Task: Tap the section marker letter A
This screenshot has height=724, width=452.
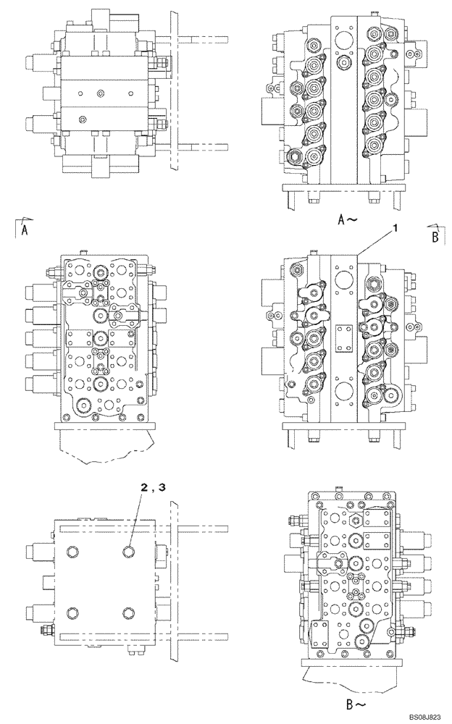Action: pyautogui.click(x=25, y=231)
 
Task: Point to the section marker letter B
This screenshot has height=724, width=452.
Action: pyautogui.click(x=435, y=237)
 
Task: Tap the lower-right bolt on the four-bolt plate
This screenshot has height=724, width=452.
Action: pyautogui.click(x=129, y=614)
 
